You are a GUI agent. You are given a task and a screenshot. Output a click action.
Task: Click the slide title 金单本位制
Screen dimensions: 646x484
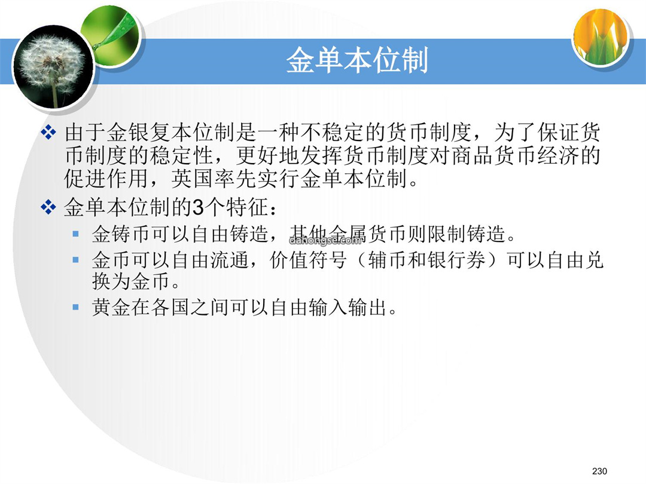coord(357,60)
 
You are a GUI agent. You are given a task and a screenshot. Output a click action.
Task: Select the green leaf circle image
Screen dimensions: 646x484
coord(110,37)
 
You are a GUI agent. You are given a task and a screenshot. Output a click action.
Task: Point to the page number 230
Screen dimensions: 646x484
coord(599,471)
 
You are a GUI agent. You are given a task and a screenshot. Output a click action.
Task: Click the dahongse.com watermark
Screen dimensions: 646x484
coord(325,240)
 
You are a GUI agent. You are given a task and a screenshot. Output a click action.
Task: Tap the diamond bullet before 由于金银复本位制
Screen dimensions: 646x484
coord(48,132)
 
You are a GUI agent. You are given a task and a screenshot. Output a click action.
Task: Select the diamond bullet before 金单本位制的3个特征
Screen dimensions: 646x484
coord(48,207)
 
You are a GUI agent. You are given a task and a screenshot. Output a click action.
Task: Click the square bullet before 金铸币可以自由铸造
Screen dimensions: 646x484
coord(75,234)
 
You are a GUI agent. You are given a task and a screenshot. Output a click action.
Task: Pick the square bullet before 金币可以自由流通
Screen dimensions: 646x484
coord(75,260)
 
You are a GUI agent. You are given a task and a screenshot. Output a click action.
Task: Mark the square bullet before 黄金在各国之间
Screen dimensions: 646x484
coord(75,307)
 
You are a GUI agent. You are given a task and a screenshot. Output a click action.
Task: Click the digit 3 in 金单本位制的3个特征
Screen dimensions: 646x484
coord(198,207)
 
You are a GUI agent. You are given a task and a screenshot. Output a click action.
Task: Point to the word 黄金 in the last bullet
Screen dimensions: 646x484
coord(111,307)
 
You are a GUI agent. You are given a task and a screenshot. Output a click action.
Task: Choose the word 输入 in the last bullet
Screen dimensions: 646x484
coord(329,307)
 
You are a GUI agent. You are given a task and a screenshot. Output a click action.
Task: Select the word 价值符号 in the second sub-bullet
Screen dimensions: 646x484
coord(308,260)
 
